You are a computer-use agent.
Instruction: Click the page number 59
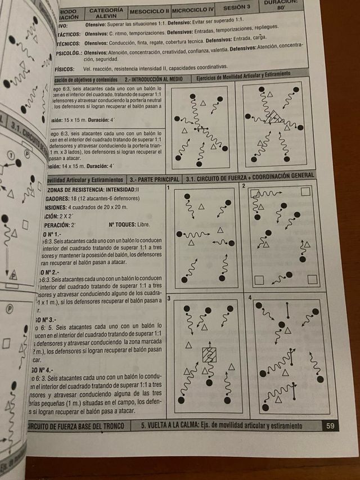click(x=330, y=426)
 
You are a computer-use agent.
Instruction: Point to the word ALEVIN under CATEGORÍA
click(x=106, y=17)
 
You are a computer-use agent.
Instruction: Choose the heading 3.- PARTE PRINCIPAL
click(x=155, y=180)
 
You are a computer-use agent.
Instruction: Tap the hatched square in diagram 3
click(x=209, y=355)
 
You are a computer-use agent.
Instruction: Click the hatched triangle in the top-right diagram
click(x=276, y=117)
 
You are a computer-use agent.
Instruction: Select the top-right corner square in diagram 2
click(x=305, y=192)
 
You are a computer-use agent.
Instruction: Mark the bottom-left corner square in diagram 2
click(x=259, y=279)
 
